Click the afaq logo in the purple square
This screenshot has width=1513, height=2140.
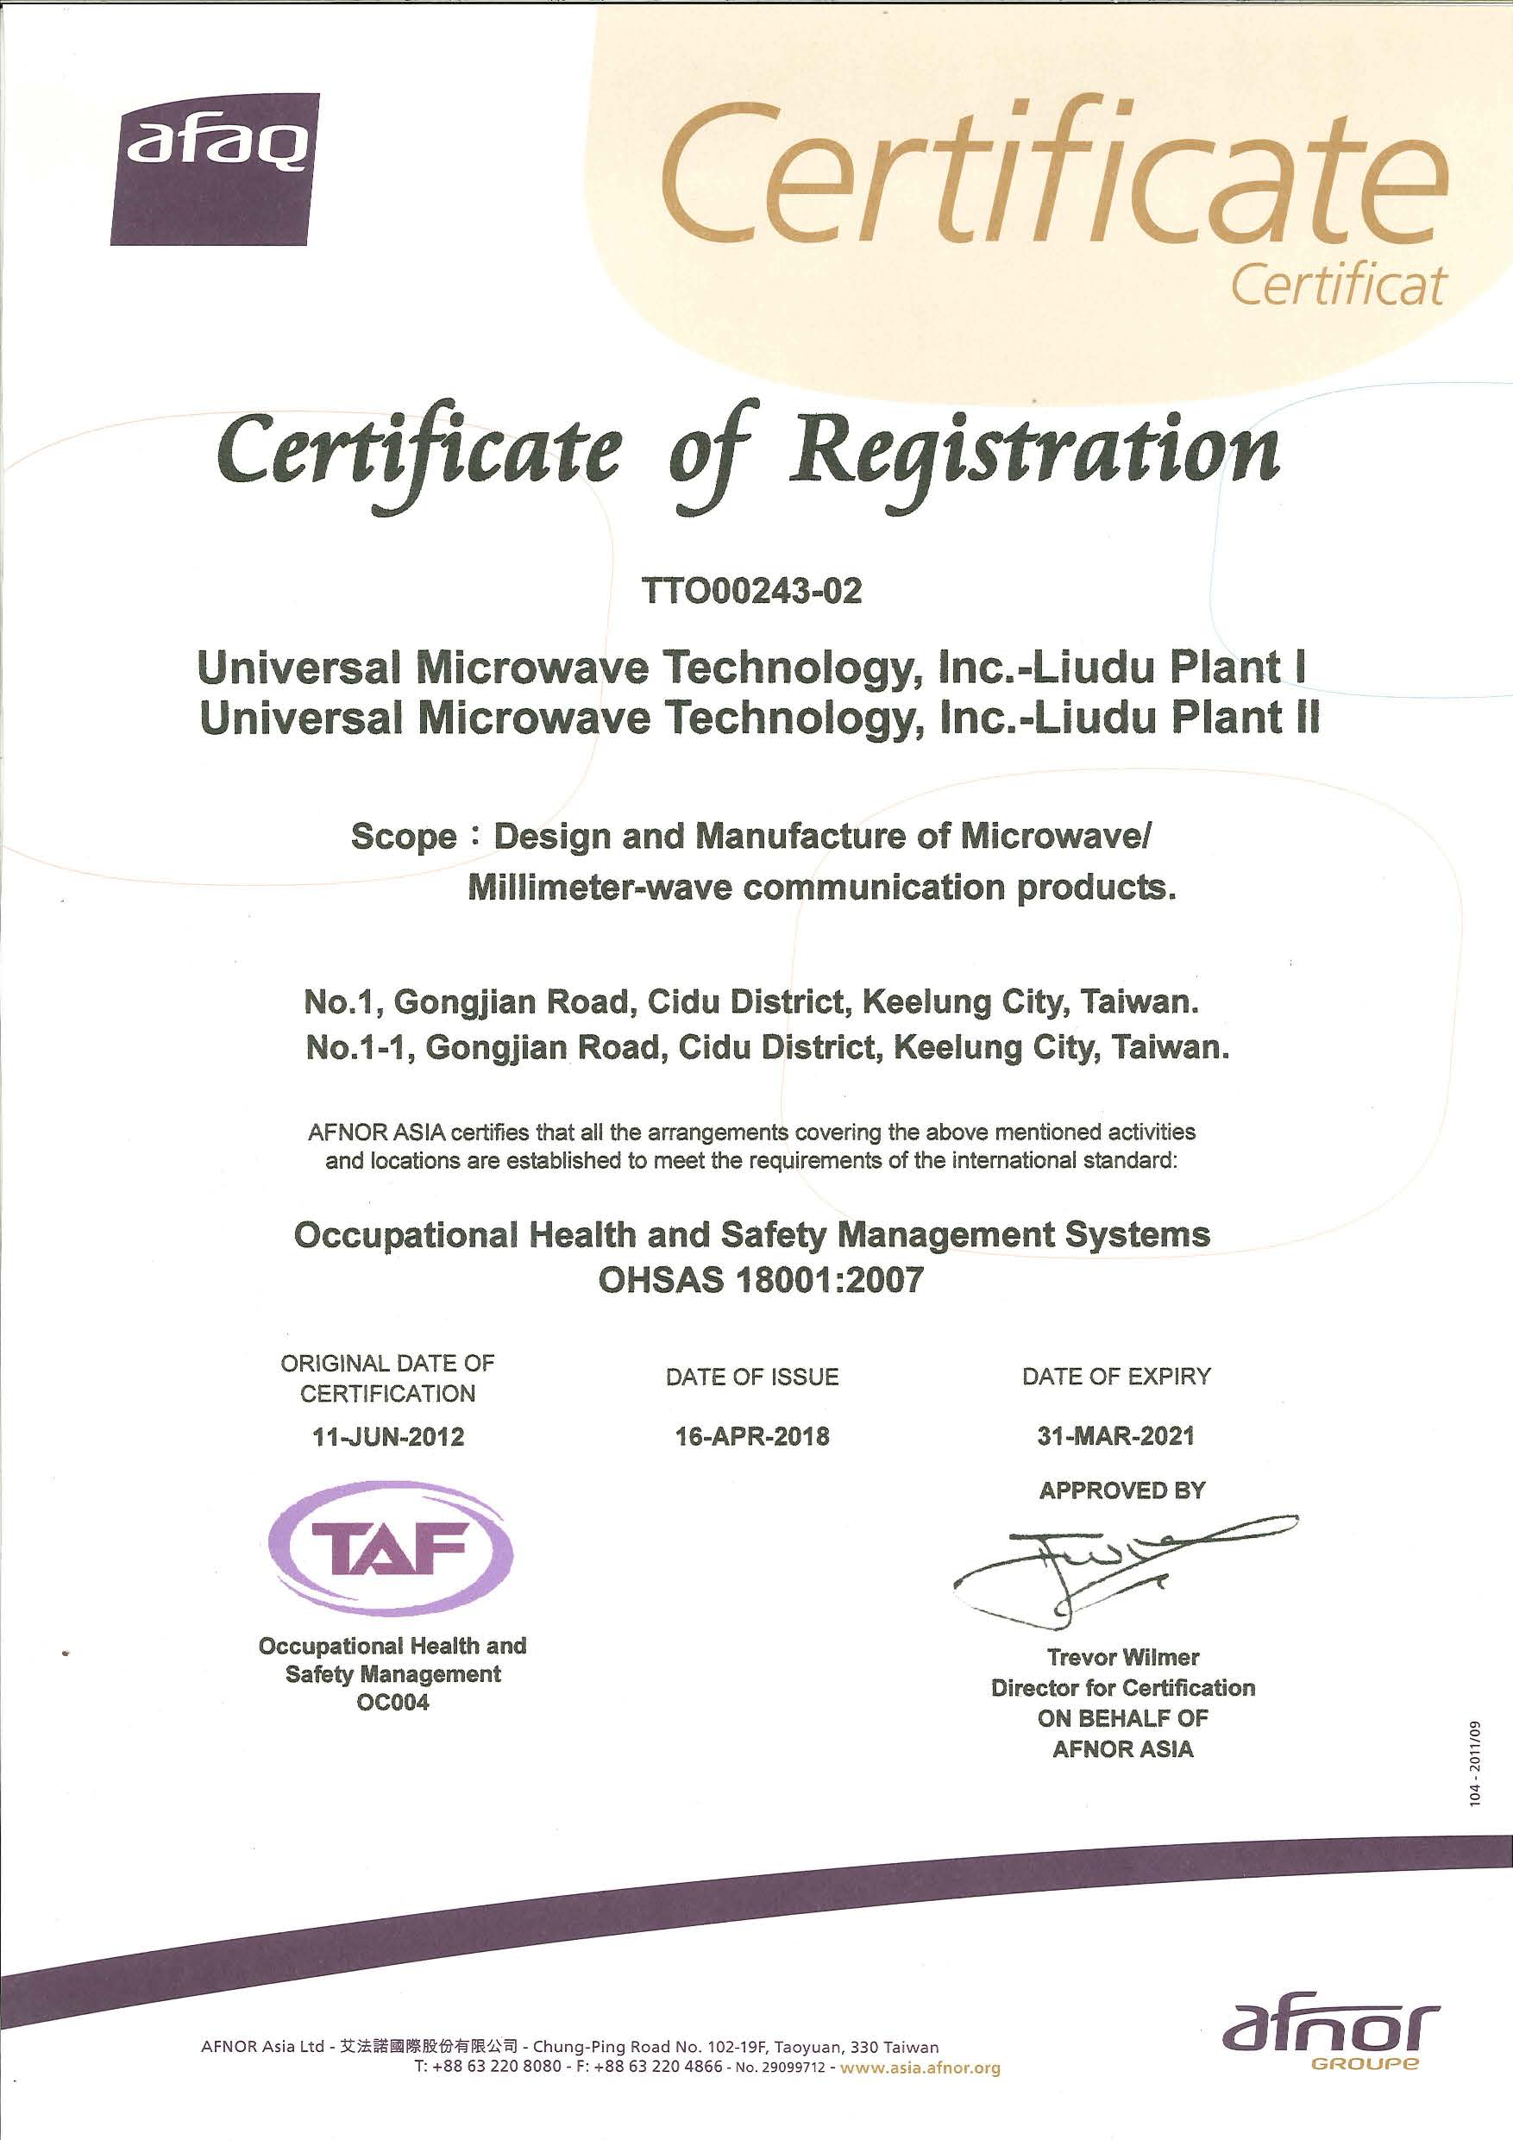click(216, 169)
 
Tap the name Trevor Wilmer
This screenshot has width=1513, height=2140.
click(1123, 1657)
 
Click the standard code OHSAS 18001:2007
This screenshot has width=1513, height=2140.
click(760, 1280)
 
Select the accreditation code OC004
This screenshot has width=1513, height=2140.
click(392, 1703)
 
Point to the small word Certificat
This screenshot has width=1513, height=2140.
click(1338, 285)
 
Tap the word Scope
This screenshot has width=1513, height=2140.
click(403, 837)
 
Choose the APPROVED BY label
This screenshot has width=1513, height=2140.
click(1122, 1490)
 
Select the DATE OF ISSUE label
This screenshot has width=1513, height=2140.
click(752, 1377)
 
